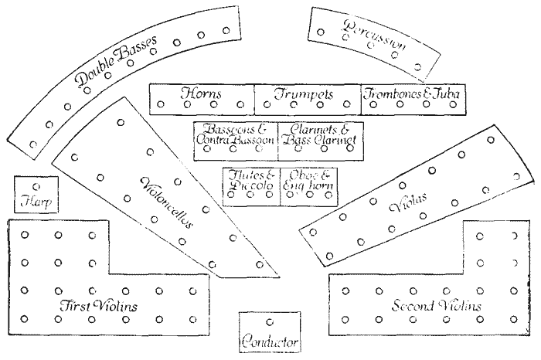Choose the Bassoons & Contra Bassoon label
click(x=235, y=134)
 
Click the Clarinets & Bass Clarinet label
click(x=318, y=134)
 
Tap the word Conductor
click(x=269, y=341)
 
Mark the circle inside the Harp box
click(x=35, y=186)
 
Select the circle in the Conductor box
click(x=269, y=321)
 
